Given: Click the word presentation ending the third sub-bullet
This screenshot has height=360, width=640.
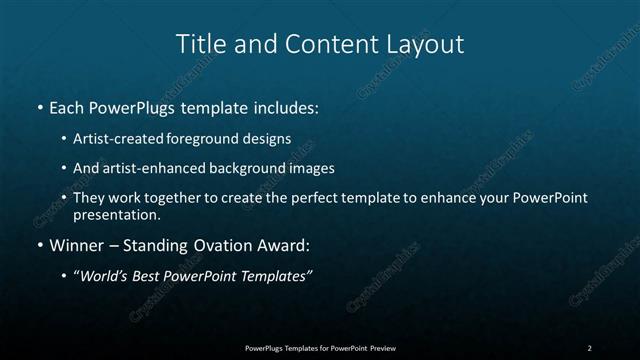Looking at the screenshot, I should tap(116, 214).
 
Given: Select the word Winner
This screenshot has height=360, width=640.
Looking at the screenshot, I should tap(76, 244).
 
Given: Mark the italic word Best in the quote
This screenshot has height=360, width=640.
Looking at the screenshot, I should tap(150, 276).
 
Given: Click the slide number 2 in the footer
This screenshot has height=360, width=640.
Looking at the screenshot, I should tap(590, 347).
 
